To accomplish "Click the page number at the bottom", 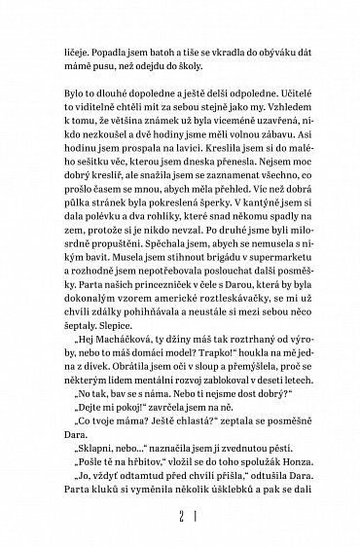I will pos(180,541).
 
